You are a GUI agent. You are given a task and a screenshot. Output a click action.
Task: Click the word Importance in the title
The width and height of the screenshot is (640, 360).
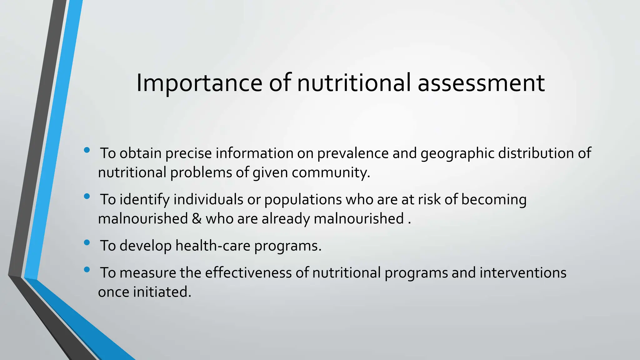click(x=199, y=83)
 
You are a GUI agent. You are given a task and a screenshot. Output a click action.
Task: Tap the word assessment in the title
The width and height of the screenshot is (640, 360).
click(x=481, y=83)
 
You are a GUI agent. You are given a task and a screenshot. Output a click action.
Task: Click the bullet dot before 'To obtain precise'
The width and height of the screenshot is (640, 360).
click(x=87, y=150)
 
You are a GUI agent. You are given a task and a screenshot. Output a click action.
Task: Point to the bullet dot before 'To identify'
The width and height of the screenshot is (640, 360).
click(x=87, y=197)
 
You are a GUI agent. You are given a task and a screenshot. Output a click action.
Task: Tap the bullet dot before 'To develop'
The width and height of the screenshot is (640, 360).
click(x=87, y=242)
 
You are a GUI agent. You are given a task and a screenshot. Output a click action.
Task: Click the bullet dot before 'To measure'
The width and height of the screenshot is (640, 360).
click(x=87, y=270)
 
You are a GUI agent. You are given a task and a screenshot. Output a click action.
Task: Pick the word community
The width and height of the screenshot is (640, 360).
click(x=331, y=172)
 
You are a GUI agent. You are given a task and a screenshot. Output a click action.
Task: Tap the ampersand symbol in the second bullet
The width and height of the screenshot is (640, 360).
click(x=197, y=218)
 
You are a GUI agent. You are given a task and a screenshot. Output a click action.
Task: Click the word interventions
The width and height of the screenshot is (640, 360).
click(x=523, y=273)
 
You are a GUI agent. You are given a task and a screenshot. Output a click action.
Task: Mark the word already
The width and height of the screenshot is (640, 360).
click(x=286, y=218)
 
